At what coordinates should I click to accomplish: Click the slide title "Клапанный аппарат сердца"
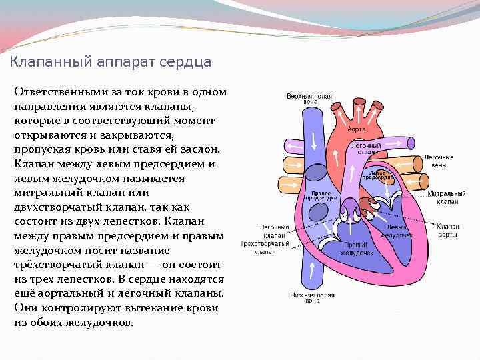[111, 62]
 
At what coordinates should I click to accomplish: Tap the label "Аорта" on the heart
[357, 129]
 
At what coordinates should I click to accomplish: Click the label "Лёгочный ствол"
[366, 148]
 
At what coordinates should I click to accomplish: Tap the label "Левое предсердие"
[377, 175]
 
